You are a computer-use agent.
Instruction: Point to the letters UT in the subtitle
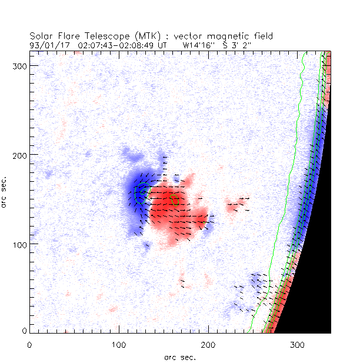[x=162, y=44]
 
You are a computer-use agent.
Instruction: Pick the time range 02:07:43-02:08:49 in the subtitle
[x=113, y=44]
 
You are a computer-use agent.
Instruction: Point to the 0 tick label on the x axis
[x=29, y=344]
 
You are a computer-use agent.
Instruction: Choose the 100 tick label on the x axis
[x=119, y=344]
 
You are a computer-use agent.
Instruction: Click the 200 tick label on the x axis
[x=208, y=344]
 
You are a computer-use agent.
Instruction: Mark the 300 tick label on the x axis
[x=297, y=344]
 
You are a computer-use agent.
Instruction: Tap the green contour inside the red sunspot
[x=175, y=200]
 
